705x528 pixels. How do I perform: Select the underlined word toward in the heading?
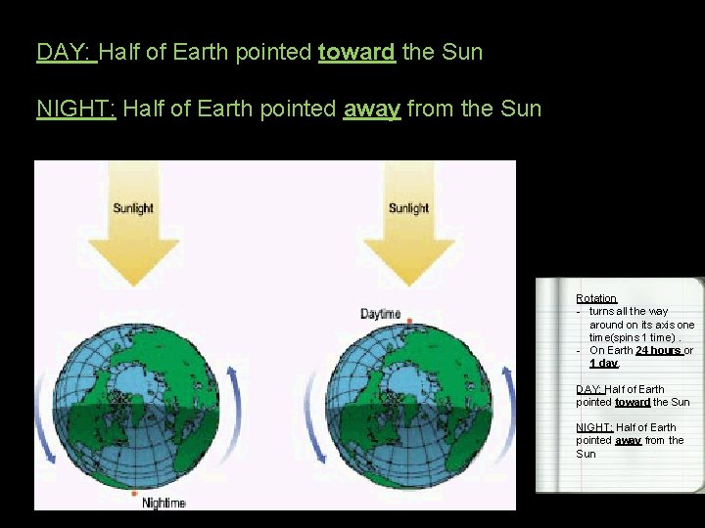point(356,52)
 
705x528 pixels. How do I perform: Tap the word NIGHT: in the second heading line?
point(76,109)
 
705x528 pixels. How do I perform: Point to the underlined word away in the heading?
point(371,109)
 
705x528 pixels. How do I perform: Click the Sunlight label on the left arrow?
point(133,208)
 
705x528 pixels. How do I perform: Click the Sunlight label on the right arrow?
point(408,208)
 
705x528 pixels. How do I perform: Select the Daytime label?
point(381,314)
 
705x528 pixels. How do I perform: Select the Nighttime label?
point(164,503)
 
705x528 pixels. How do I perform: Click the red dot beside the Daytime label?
point(409,321)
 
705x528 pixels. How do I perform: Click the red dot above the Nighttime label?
point(134,494)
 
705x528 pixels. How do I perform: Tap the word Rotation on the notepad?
point(596,298)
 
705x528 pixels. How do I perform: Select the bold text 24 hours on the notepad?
point(658,350)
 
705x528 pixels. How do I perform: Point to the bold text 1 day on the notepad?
point(603,363)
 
